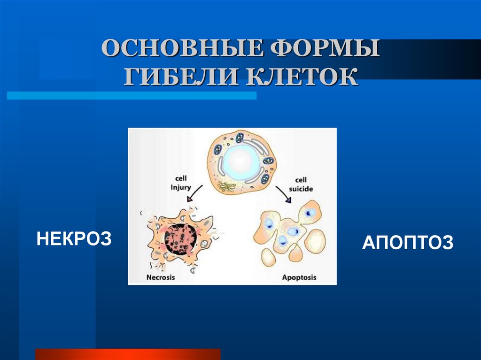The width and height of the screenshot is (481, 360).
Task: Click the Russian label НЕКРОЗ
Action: [74, 238]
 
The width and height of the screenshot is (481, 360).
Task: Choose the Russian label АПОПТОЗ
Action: [407, 243]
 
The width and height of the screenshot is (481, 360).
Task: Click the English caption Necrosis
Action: [160, 277]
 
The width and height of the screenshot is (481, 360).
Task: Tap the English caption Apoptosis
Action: [299, 277]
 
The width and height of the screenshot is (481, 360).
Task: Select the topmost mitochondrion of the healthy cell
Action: [240, 138]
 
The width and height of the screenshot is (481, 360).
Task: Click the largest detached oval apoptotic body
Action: [315, 241]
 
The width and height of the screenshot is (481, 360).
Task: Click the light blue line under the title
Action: [132, 95]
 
